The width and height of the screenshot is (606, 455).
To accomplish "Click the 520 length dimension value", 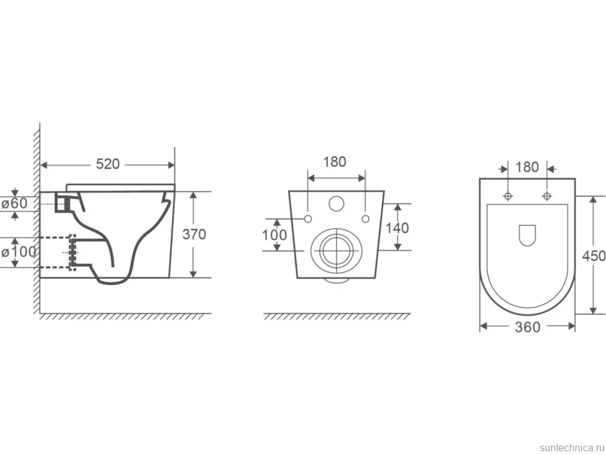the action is [108, 164].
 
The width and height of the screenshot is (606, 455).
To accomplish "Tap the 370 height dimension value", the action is [194, 234].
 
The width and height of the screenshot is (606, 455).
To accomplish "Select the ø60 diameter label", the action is [14, 203].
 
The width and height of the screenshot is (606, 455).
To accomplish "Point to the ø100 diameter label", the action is [19, 252].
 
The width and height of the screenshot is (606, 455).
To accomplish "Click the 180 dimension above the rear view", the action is [335, 162].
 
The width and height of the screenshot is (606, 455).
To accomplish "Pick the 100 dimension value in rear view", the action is [274, 234].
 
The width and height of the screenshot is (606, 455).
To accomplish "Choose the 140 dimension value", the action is [397, 228].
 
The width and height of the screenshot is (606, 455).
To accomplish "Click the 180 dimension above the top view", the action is [527, 167].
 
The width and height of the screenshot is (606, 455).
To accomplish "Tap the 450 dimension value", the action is [594, 256].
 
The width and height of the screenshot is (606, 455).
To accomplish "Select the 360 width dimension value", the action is [527, 327].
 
